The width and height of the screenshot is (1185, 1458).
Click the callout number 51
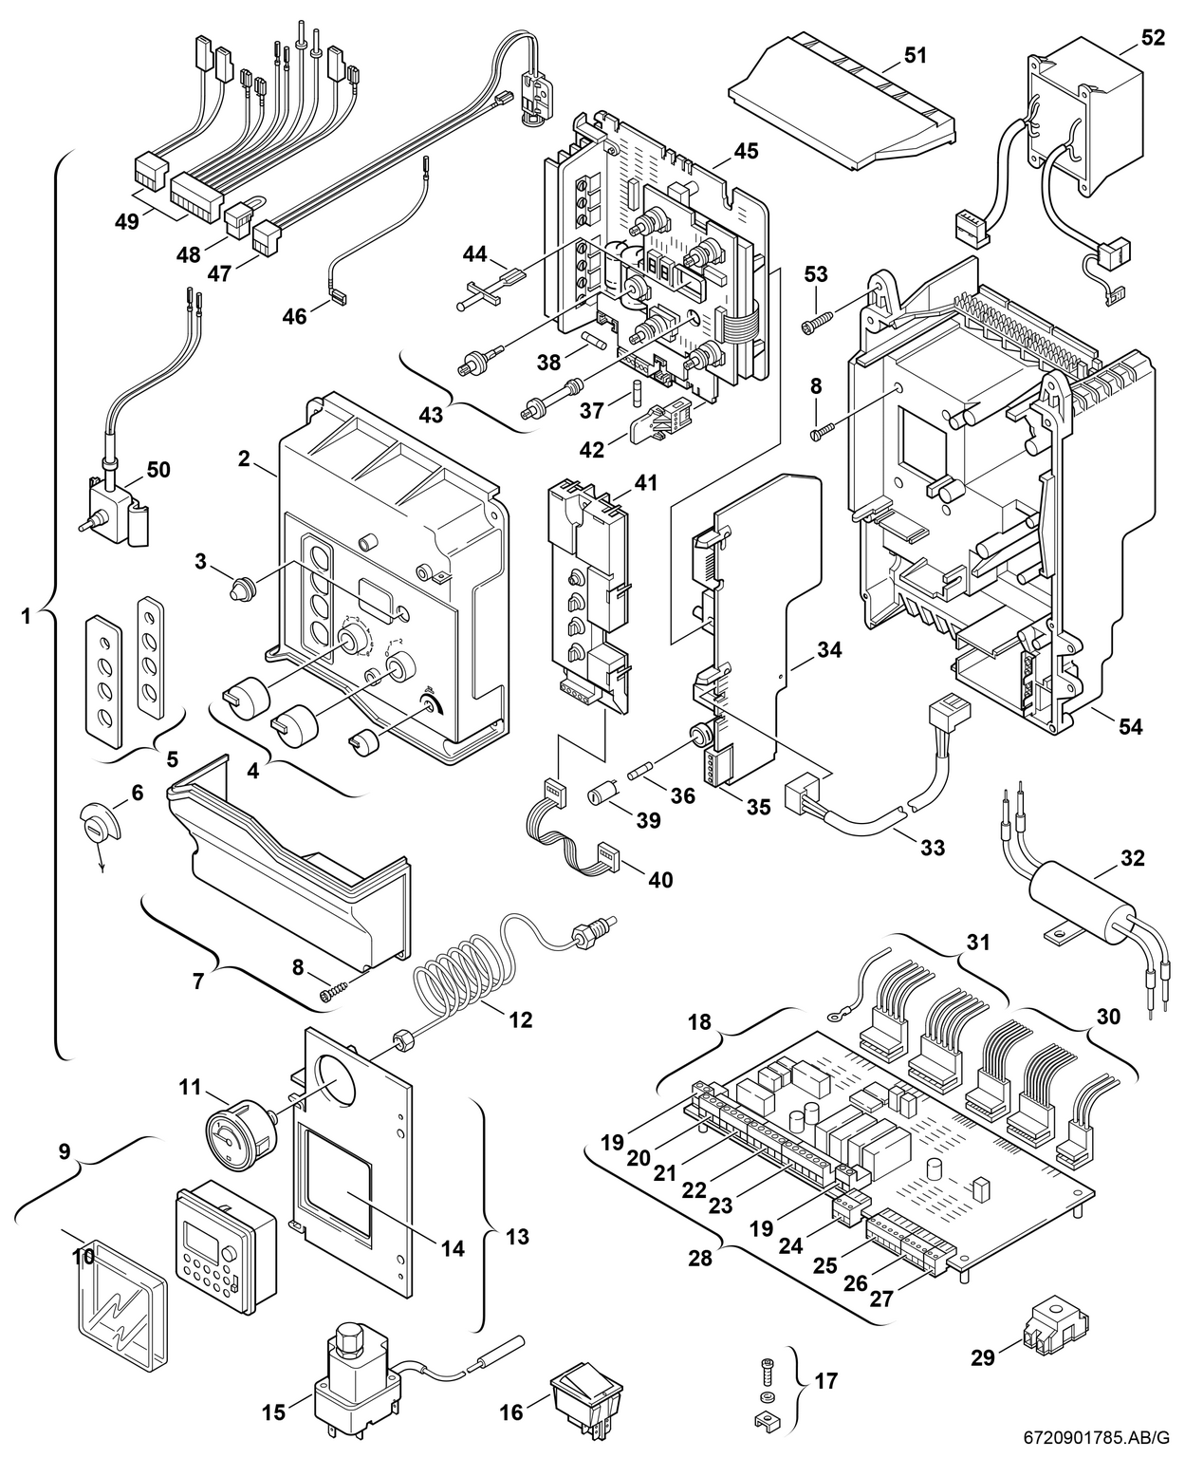click(915, 56)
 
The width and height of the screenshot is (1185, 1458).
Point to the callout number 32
click(1132, 858)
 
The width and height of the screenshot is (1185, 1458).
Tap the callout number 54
click(1129, 727)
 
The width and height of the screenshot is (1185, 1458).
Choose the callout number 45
click(746, 152)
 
